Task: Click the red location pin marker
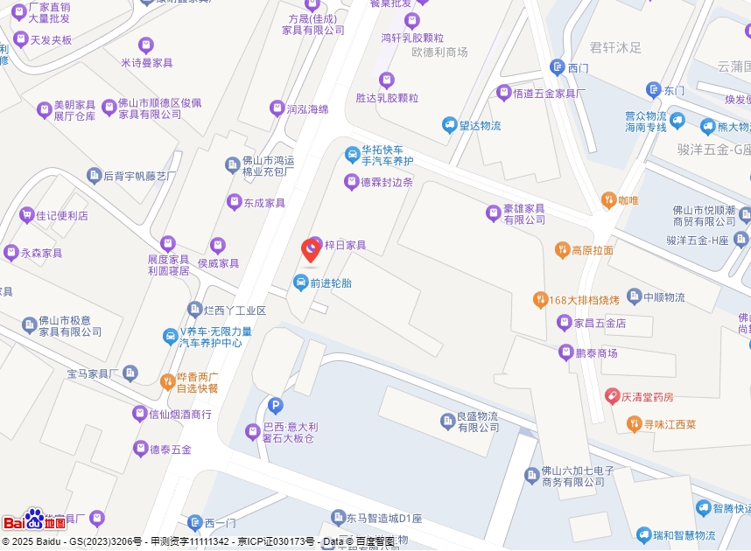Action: click(310, 250)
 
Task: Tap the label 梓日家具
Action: click(345, 246)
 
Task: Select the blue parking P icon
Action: click(275, 406)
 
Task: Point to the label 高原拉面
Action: click(592, 251)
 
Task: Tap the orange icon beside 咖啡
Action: click(608, 200)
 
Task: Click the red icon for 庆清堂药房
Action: click(614, 396)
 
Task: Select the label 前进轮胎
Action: click(330, 283)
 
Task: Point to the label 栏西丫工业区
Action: click(234, 310)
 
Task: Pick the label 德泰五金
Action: click(170, 450)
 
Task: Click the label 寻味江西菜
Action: click(670, 425)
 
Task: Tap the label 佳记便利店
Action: click(61, 215)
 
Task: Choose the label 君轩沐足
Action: click(615, 47)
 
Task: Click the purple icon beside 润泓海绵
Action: click(277, 108)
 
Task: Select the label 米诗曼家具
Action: click(146, 63)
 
